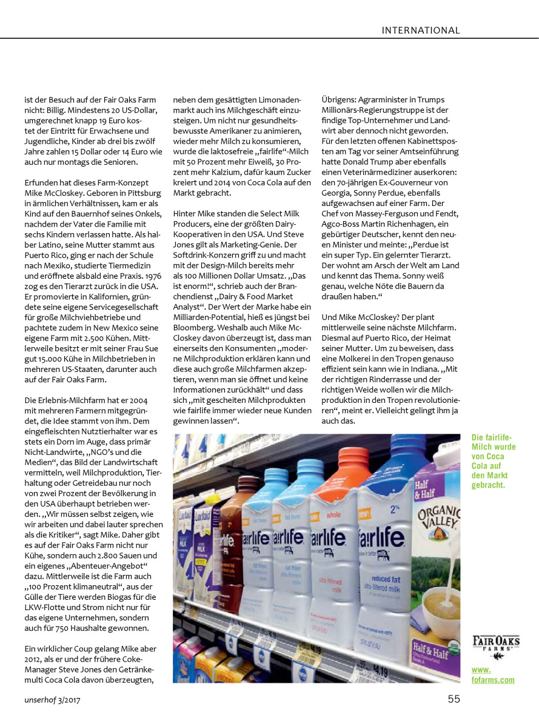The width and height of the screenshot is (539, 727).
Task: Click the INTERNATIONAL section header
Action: [421, 30]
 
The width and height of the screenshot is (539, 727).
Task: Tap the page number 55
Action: [454, 699]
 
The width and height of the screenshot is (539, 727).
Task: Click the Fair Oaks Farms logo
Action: [496, 644]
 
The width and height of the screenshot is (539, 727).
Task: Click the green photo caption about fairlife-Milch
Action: [494, 461]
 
